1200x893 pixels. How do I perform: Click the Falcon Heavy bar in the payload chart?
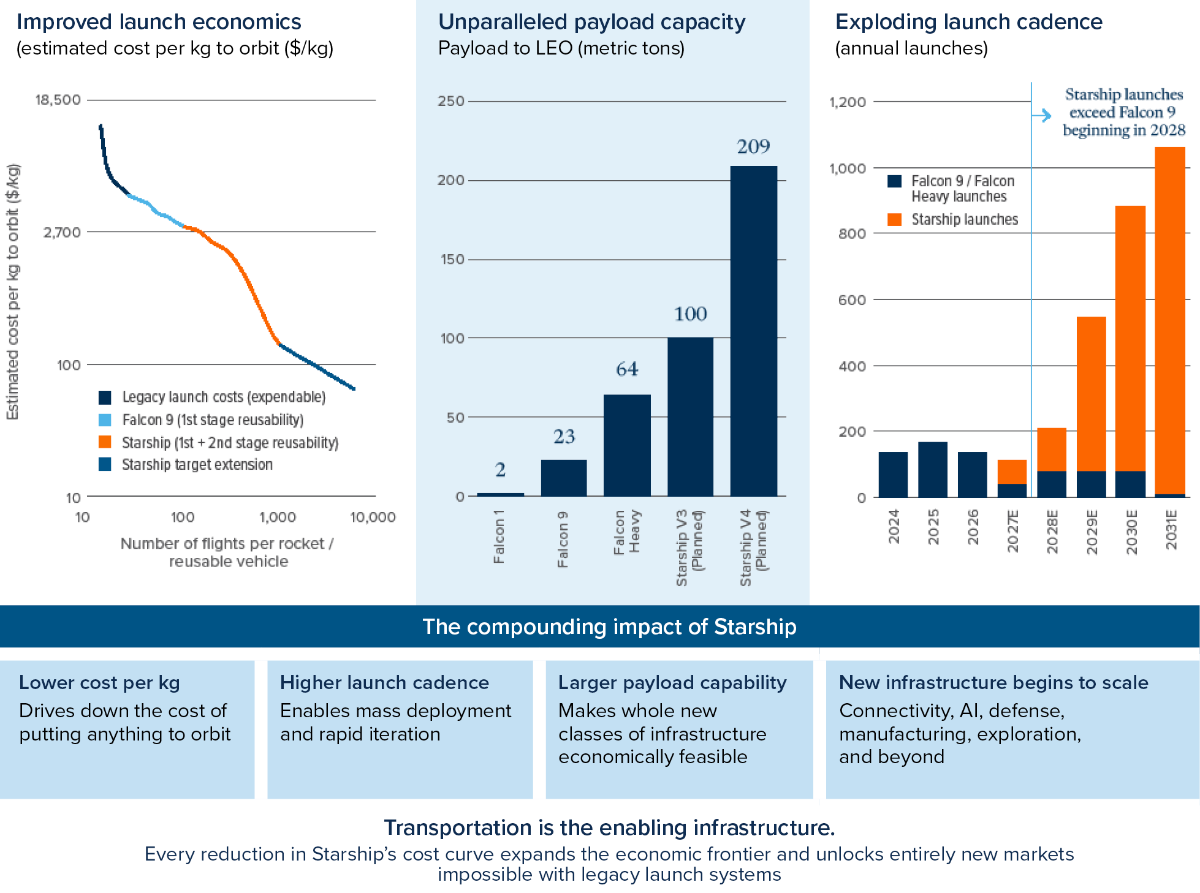point(627,445)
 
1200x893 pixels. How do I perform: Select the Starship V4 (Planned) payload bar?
point(753,331)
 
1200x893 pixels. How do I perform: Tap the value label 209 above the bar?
point(753,146)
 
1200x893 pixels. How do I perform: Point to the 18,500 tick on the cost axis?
point(58,100)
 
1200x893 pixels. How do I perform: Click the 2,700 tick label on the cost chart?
point(62,232)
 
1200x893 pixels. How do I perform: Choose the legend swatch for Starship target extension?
point(105,464)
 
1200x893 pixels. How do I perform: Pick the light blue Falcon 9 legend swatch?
point(105,420)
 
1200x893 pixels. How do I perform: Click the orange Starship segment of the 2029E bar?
point(1092,394)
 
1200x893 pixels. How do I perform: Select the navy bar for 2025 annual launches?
point(933,469)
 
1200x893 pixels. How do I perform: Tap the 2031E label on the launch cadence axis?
point(1171,530)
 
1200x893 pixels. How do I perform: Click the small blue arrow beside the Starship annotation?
point(1041,115)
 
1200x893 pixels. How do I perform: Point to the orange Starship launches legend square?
point(895,219)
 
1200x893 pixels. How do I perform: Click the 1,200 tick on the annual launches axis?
point(848,102)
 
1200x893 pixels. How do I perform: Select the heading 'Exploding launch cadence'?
point(969,21)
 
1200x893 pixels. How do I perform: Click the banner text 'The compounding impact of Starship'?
point(609,627)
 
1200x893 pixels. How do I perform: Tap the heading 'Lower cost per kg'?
point(99,682)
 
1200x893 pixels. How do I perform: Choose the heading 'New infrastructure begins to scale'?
point(993,682)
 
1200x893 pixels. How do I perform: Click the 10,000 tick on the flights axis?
point(373,517)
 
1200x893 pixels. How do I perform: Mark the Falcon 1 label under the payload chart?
point(499,537)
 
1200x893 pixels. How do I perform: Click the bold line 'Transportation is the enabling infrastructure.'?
point(609,827)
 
